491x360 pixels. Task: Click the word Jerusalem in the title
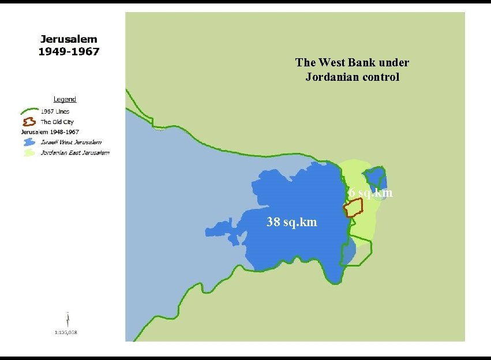point(69,40)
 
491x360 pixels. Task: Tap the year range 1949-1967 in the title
point(69,51)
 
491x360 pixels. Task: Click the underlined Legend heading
point(65,99)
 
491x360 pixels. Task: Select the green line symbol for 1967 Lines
point(29,111)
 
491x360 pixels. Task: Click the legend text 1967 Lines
point(55,111)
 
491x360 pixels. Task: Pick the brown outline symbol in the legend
point(29,122)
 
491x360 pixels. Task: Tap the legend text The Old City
point(57,122)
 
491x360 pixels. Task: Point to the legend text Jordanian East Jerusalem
point(75,153)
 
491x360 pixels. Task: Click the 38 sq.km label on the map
point(291,222)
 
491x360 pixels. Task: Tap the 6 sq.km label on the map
point(370,193)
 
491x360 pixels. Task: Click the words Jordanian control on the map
point(352,77)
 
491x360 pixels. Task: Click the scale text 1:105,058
point(66,332)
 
